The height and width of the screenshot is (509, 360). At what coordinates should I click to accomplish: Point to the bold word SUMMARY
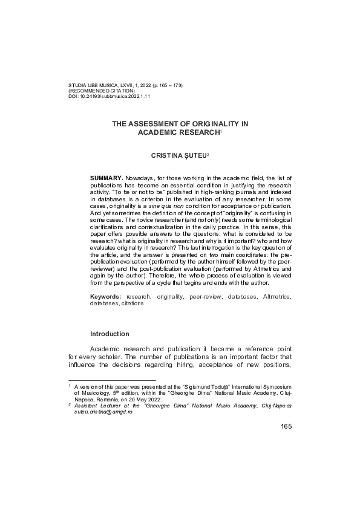106,178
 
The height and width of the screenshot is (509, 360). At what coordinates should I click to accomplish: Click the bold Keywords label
106,297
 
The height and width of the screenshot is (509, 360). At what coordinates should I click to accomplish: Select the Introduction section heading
110,334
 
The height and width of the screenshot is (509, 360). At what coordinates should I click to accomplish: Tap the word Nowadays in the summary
140,178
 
